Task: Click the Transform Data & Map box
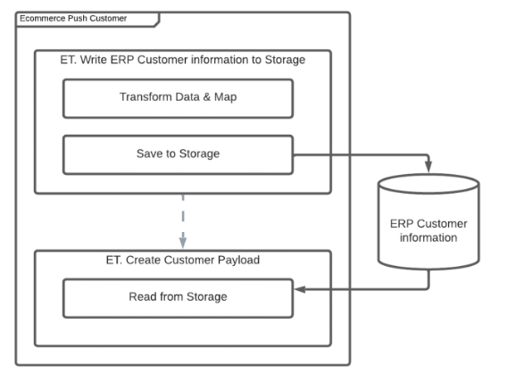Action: (x=179, y=98)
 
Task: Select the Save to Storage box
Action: (x=179, y=154)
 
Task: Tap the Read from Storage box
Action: (x=179, y=298)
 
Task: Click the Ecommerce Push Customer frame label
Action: (x=73, y=19)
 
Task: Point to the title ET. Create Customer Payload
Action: (x=183, y=260)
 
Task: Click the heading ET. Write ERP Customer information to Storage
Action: (x=183, y=60)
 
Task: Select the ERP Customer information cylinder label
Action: (x=428, y=231)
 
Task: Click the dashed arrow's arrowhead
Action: (x=183, y=243)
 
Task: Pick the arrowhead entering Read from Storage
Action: (x=300, y=289)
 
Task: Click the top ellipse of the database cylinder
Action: (x=428, y=184)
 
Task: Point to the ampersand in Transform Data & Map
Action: (x=206, y=97)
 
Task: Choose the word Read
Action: (x=141, y=296)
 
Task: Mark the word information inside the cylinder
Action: (x=428, y=238)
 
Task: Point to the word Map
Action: (x=225, y=97)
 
